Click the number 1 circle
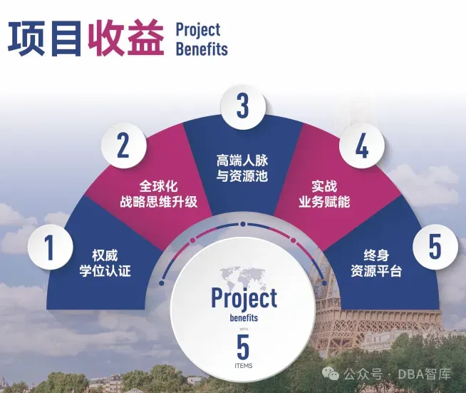(50, 247)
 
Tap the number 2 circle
(123, 147)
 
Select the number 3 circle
(243, 106)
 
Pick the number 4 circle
(362, 147)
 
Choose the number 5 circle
(435, 247)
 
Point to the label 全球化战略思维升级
(158, 193)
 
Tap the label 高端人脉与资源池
(242, 167)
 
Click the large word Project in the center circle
(244, 297)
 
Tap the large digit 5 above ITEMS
(243, 347)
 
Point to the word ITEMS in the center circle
(243, 366)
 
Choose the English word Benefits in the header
(202, 49)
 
